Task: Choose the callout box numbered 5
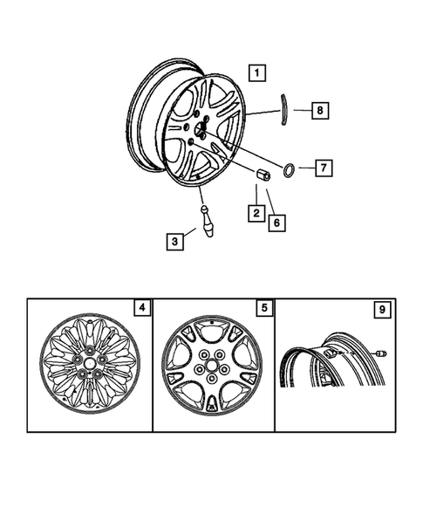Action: click(x=263, y=309)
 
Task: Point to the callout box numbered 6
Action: click(x=277, y=223)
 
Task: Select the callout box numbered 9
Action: click(x=381, y=309)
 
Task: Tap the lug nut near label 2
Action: click(x=263, y=175)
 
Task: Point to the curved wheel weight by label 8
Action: click(x=283, y=109)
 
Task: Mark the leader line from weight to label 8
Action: click(x=299, y=111)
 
